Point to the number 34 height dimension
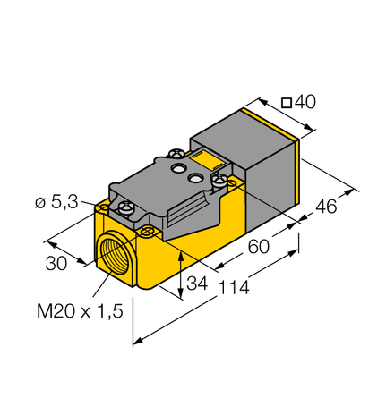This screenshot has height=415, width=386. pyautogui.click(x=198, y=284)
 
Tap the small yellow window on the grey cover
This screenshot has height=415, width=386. pyautogui.click(x=205, y=164)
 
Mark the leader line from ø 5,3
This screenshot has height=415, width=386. pyautogui.click(x=100, y=206)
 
